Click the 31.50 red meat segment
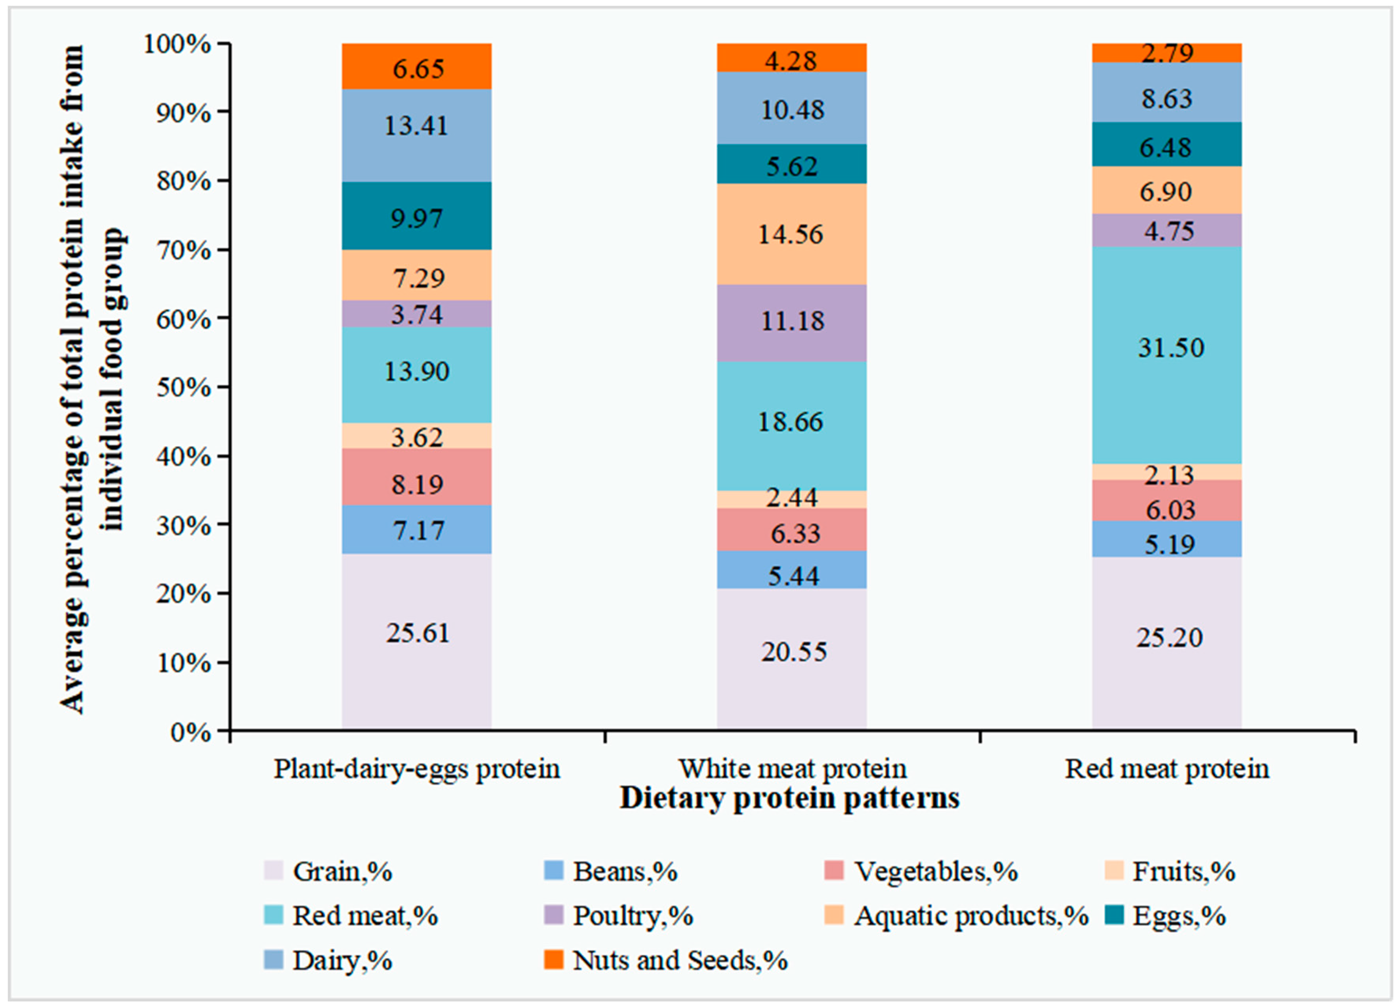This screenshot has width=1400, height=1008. tap(1167, 355)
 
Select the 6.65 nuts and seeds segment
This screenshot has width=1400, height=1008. tap(416, 67)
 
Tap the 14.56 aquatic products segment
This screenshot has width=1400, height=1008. tap(792, 234)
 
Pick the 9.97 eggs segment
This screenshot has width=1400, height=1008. tap(416, 216)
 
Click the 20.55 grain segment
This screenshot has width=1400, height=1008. tap(792, 658)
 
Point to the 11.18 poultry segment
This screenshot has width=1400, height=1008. tap(792, 322)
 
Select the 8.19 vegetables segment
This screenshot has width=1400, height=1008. tap(416, 477)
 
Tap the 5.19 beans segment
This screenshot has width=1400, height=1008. tap(1167, 539)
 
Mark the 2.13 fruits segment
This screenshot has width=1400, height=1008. tap(1167, 472)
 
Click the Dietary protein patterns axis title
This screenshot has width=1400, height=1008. tap(790, 798)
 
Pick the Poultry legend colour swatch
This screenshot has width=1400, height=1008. tap(554, 915)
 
